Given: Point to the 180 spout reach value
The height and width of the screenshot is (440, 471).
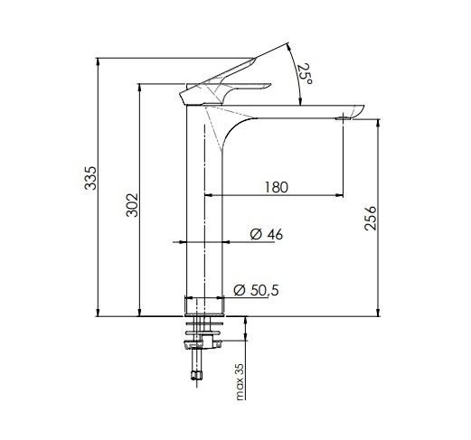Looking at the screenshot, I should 276,187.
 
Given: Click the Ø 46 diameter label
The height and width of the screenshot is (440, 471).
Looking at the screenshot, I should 266,235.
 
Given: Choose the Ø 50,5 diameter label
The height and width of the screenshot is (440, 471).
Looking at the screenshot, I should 256,290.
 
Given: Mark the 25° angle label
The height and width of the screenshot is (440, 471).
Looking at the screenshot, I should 306,72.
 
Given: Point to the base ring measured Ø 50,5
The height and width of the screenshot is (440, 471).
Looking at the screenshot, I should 203,305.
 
